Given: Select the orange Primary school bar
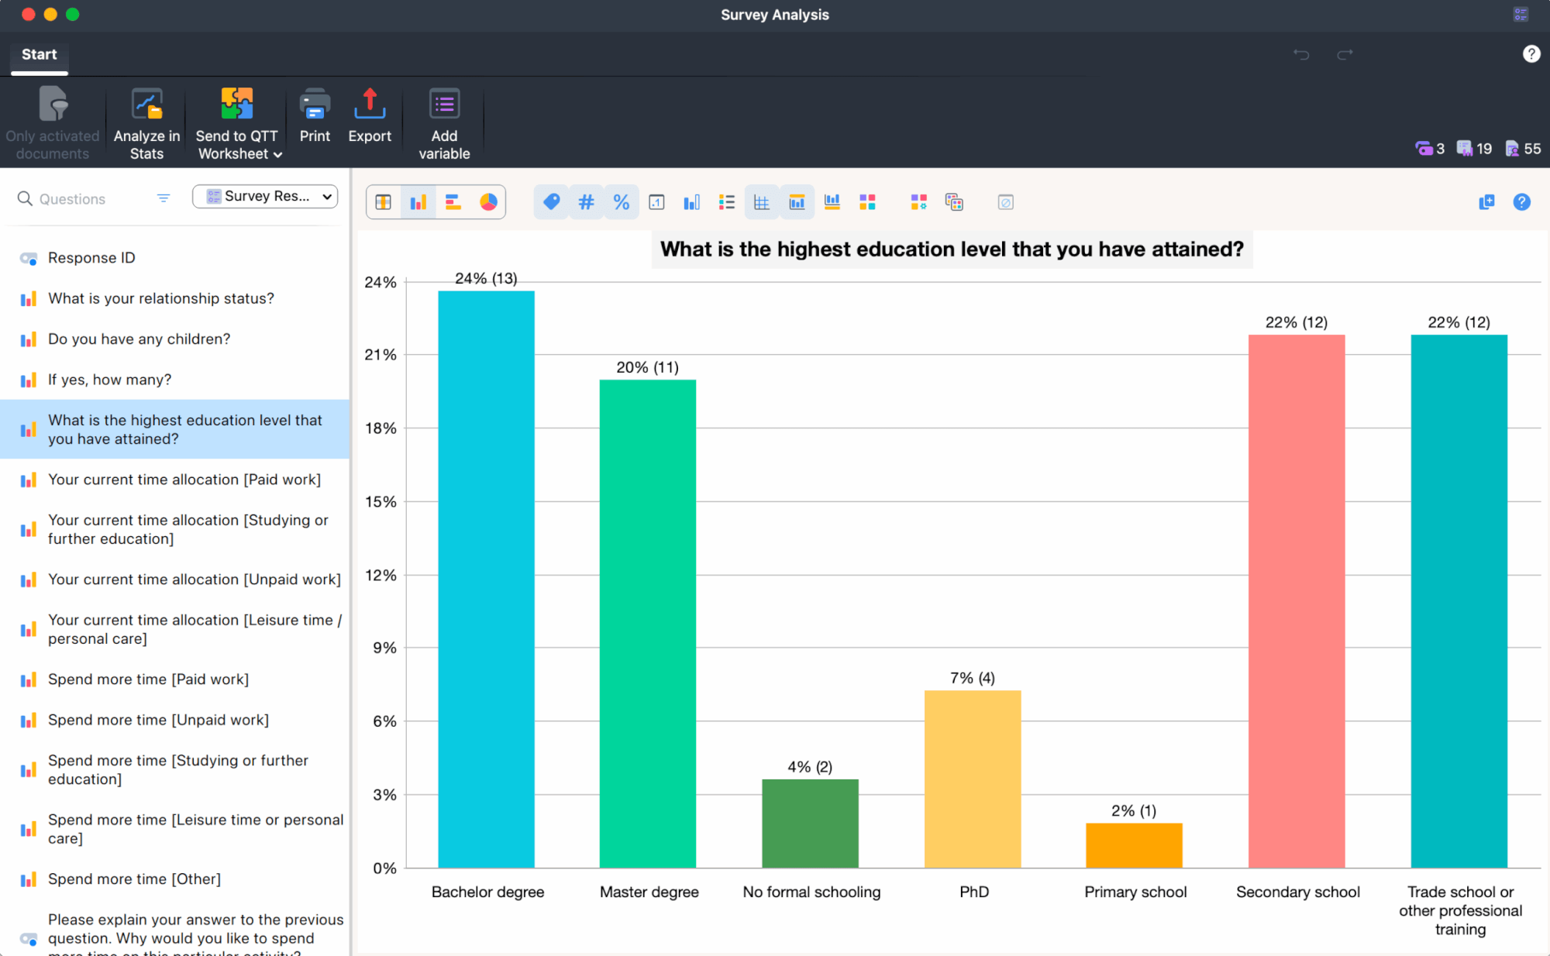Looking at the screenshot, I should [x=1134, y=845].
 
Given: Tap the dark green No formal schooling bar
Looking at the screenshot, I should [x=810, y=823].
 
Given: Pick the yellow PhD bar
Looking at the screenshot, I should [x=973, y=779].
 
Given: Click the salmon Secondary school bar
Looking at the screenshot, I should [x=1296, y=600].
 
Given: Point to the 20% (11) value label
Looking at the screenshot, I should [x=647, y=367].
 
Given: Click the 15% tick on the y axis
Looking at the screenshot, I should [x=381, y=501].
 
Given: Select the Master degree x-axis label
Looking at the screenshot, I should [x=649, y=892].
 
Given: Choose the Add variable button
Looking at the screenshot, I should [x=444, y=124].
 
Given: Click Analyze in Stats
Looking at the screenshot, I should [x=146, y=124].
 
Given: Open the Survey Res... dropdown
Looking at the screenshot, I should [x=265, y=197].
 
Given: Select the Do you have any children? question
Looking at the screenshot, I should [x=139, y=339].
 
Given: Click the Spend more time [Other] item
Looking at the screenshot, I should [x=134, y=879].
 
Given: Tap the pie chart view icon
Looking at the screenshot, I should [x=488, y=202].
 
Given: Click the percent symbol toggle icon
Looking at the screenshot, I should [x=621, y=202].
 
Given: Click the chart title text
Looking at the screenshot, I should [x=951, y=249].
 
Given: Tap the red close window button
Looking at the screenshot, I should [x=29, y=14].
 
